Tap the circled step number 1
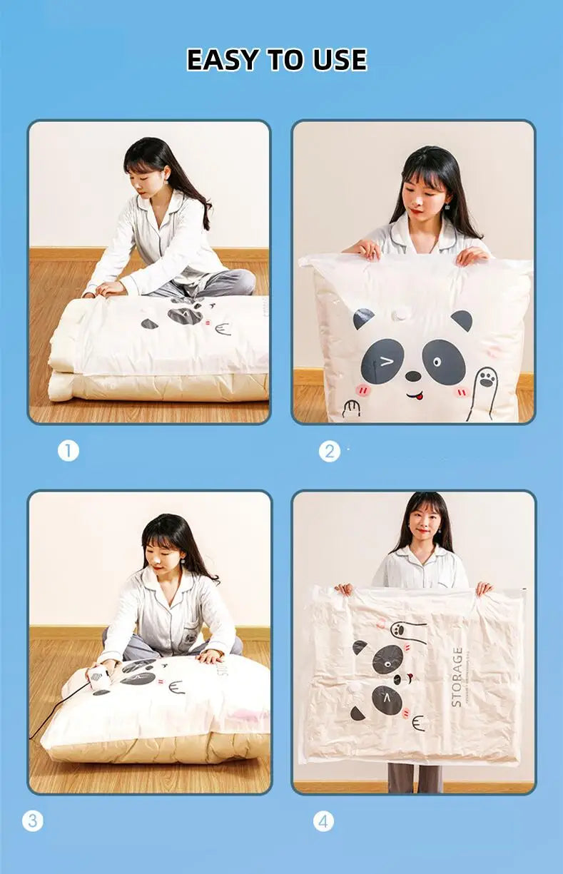(69, 451)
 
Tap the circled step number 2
(329, 451)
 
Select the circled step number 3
(32, 821)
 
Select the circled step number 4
(323, 821)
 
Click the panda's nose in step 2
(412, 375)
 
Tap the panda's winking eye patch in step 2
(377, 361)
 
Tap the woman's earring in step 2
(447, 206)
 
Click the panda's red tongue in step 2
(417, 396)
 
